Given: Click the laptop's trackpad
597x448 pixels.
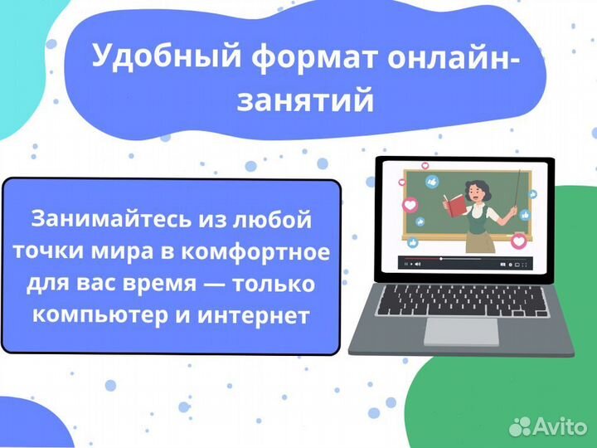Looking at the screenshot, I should tap(461, 330).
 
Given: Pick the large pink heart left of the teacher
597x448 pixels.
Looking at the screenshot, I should tap(409, 204).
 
